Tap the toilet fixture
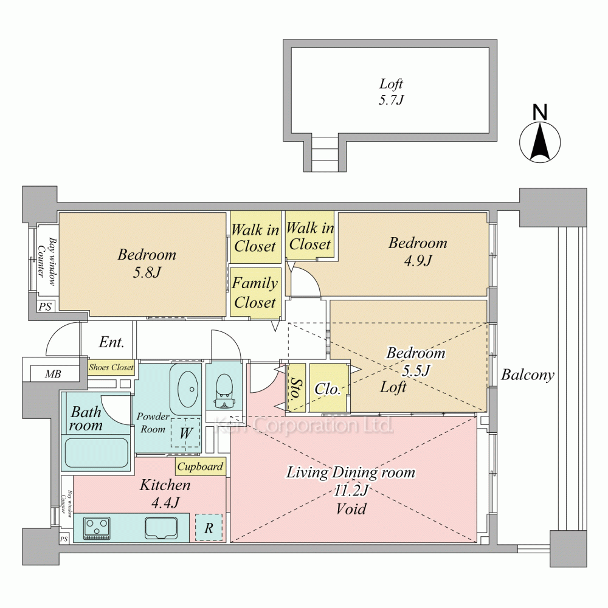click(x=223, y=390)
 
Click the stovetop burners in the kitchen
click(x=97, y=528)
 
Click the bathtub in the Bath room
click(x=96, y=453)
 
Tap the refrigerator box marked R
click(x=209, y=527)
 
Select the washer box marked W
click(x=185, y=432)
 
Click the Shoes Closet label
click(x=111, y=367)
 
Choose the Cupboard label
click(x=200, y=466)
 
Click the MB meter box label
click(x=53, y=374)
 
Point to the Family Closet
click(x=255, y=293)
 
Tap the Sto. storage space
click(x=297, y=387)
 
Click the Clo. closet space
click(x=328, y=388)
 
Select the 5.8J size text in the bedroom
click(x=147, y=272)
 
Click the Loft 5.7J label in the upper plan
click(x=391, y=92)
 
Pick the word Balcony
click(x=527, y=375)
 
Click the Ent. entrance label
click(x=111, y=342)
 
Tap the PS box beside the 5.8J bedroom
click(x=46, y=306)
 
